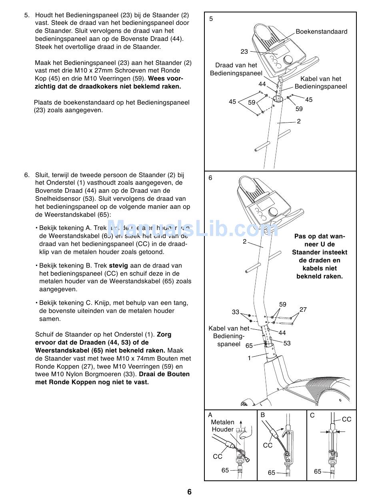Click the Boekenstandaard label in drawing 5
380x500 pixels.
tap(321, 32)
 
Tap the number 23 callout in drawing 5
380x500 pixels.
tap(244, 51)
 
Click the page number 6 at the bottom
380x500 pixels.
tap(189, 492)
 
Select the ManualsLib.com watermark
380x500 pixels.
tap(192, 229)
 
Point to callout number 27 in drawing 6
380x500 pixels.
tap(303, 309)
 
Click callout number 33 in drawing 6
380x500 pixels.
tap(235, 312)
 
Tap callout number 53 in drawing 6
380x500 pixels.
tap(287, 343)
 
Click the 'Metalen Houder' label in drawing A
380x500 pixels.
tap(222, 426)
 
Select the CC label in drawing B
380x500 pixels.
tap(268, 445)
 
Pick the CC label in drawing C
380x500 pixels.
tap(346, 419)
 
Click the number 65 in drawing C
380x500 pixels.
tap(318, 472)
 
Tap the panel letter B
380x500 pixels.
tap(263, 415)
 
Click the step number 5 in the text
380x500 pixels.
tap(26, 15)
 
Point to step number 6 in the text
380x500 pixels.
tap(26, 175)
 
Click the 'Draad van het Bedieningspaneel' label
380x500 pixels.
tap(236, 69)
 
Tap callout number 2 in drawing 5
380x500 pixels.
tap(298, 121)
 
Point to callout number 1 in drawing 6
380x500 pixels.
tap(249, 358)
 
